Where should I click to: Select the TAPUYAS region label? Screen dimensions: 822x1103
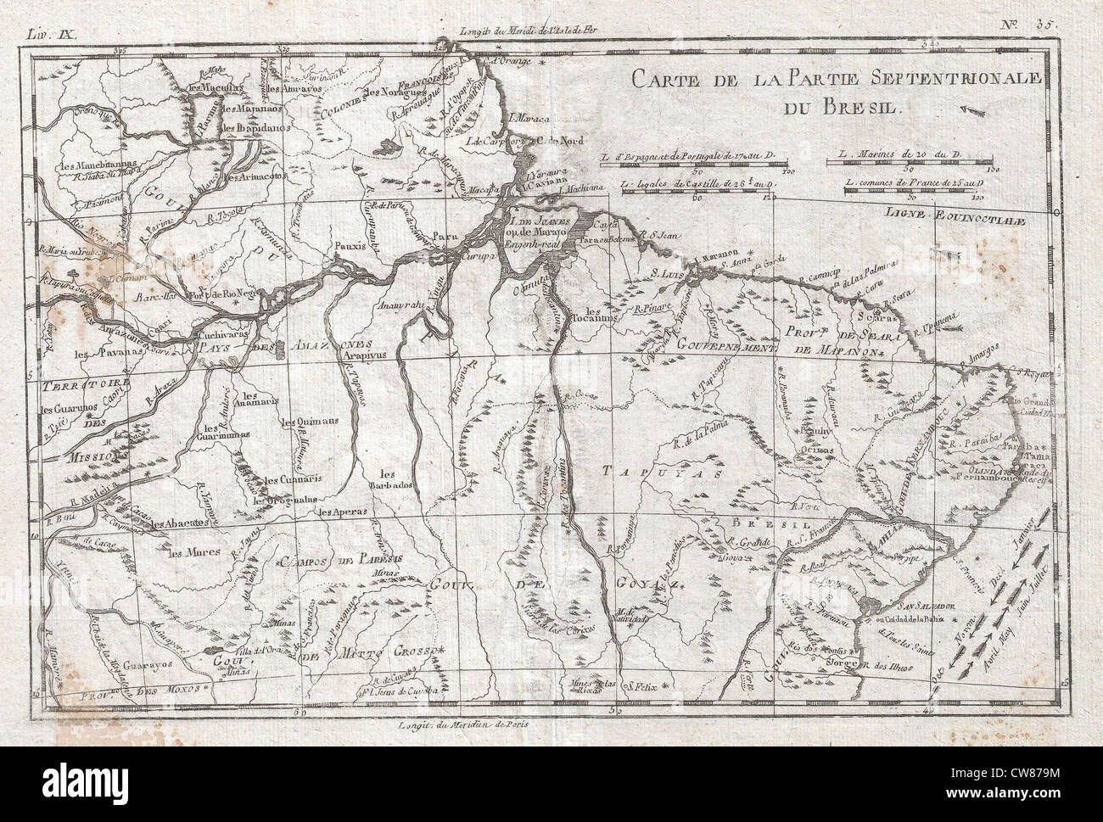click(671, 472)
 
